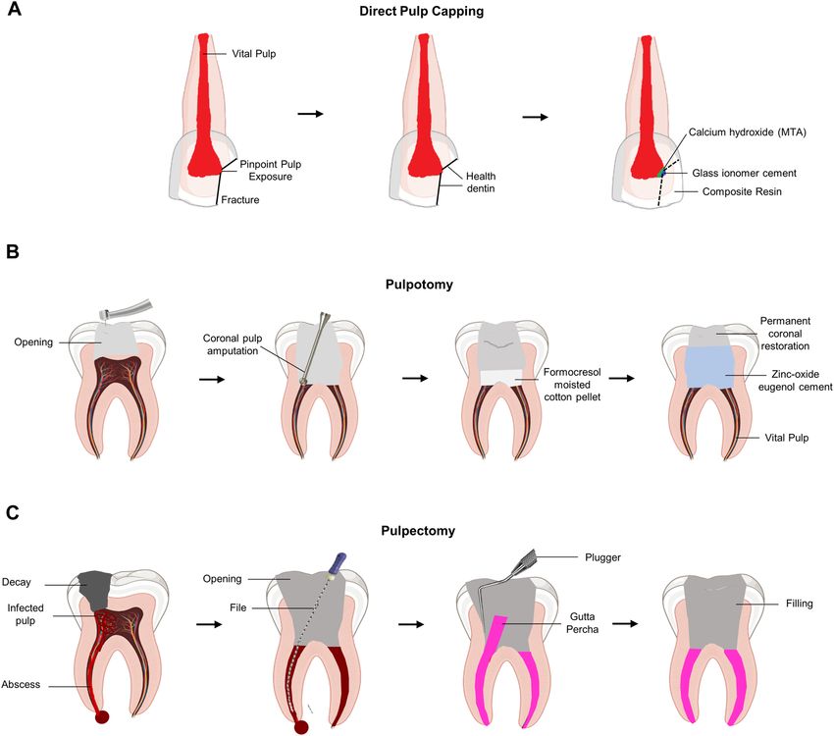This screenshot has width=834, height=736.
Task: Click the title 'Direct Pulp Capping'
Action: point(416,14)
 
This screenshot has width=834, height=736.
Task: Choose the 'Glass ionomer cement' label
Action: point(744,173)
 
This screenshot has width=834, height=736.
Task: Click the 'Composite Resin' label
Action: point(742,191)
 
